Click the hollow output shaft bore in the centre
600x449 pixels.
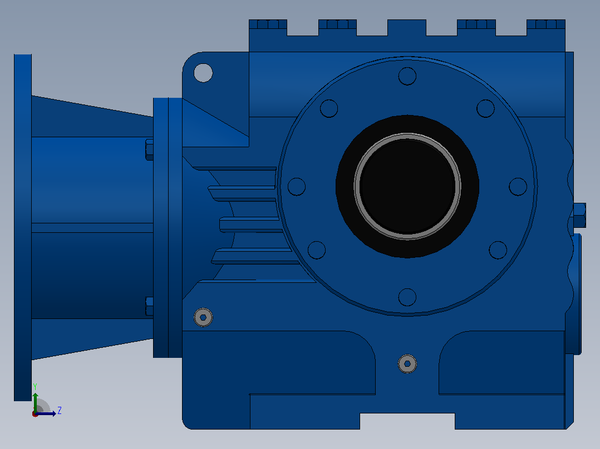pos(407,187)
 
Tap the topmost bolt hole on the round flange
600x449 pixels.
pos(407,76)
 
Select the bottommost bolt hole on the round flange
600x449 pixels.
pos(407,297)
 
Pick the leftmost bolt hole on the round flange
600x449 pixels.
pos(297,187)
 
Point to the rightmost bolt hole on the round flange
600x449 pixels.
pos(518,187)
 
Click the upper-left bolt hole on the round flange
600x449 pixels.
pos(329,108)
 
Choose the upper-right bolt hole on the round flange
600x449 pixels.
pos(485,108)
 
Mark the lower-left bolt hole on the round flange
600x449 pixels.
pos(317,250)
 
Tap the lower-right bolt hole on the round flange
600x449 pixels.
pos(498,250)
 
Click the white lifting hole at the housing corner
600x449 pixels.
pos(203,73)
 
